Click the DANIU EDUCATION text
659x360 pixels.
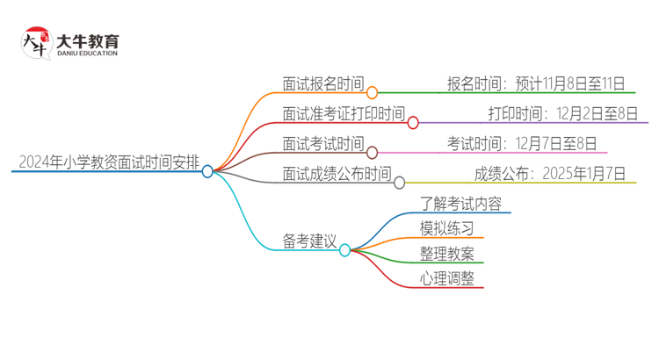coord(86,54)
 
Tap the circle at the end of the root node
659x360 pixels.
coord(207,171)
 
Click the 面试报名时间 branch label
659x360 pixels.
coord(322,84)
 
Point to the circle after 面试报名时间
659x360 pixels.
coord(372,92)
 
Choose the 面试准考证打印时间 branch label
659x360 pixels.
coord(344,114)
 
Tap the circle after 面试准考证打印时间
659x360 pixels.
coord(413,123)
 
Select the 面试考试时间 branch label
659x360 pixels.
coord(322,144)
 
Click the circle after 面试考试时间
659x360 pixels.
coord(372,153)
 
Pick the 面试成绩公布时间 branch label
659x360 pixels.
coord(337,174)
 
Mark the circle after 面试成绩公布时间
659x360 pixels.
coord(399,183)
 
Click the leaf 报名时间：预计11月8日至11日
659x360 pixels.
coord(536,84)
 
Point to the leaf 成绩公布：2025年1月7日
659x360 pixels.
coord(549,174)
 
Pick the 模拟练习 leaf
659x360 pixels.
coord(448,229)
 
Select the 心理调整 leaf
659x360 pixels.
coord(448,278)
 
